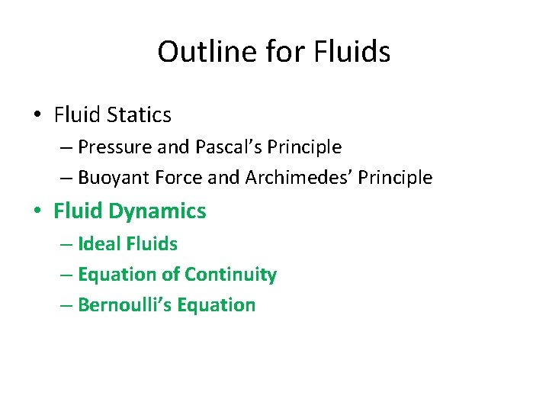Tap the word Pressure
pyautogui.click(x=111, y=146)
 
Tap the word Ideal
pyautogui.click(x=96, y=244)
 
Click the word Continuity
pyautogui.click(x=232, y=275)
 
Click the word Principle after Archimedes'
pyautogui.click(x=397, y=178)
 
